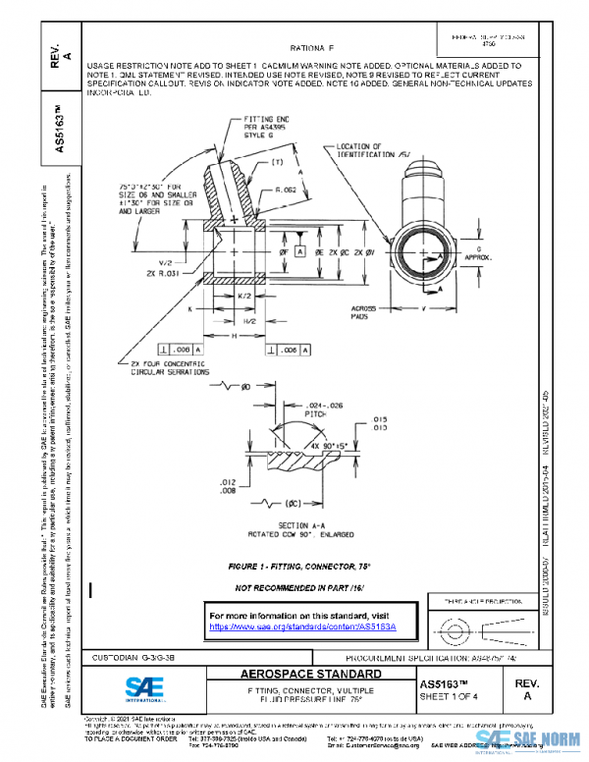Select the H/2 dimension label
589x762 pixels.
[x=223, y=321]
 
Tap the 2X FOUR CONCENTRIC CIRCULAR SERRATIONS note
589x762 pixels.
[x=169, y=368]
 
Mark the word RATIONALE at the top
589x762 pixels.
[x=312, y=47]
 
